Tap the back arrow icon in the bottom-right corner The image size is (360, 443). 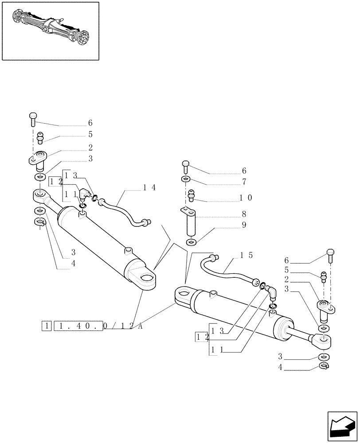tap(342, 426)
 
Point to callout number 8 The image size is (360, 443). tap(244, 214)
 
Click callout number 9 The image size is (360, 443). tap(244, 225)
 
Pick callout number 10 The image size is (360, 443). tap(246, 198)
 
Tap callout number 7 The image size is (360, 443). tap(244, 182)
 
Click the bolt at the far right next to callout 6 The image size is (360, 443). tap(330, 254)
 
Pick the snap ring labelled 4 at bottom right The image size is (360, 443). tap(324, 365)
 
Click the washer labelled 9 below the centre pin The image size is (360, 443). tap(192, 242)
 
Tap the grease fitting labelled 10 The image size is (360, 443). tap(192, 194)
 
